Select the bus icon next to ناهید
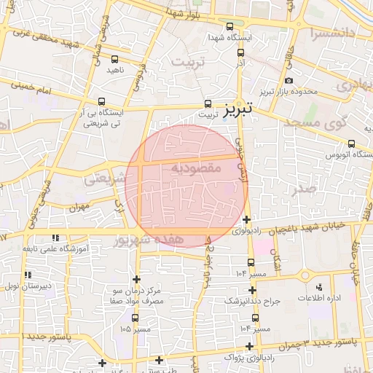coord(114,59)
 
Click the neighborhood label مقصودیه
coord(196,168)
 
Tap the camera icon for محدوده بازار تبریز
coord(289,80)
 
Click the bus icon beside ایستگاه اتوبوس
coord(352,144)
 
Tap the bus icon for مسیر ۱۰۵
coord(135,318)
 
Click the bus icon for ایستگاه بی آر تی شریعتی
coord(101,102)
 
